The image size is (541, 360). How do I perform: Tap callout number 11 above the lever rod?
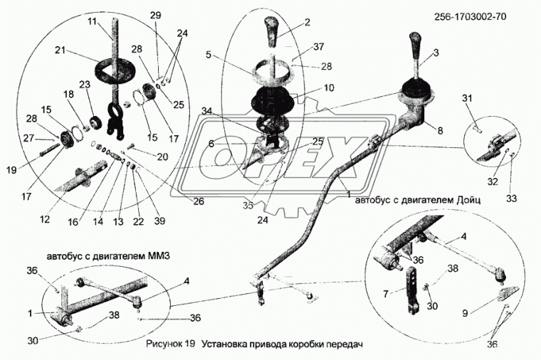tap(91, 22)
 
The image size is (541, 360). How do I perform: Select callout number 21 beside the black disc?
tap(61, 51)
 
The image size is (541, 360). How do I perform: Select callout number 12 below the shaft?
tap(46, 219)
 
